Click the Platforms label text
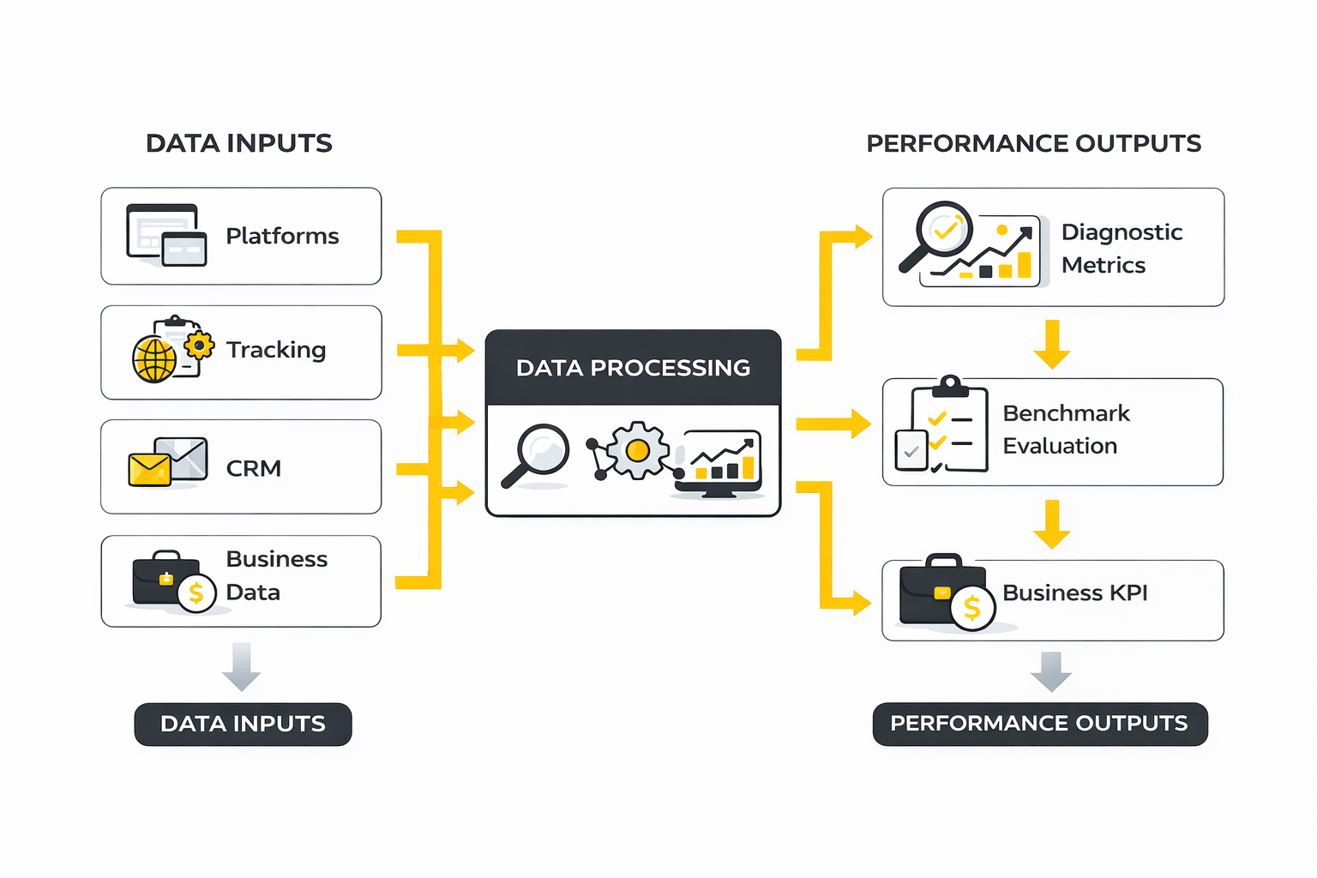282,236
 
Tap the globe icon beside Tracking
154,359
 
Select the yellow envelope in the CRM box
149,469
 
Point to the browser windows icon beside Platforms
166,235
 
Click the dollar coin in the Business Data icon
196,592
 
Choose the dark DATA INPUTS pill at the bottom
243,725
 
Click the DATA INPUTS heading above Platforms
238,143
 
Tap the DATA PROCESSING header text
633,368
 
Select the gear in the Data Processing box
637,450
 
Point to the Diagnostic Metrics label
1122,249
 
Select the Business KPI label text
1074,592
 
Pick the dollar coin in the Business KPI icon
972,608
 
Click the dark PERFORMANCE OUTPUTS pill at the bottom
1039,725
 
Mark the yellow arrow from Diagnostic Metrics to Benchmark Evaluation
1052,343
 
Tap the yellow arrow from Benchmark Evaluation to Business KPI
1052,523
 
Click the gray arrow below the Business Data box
241,666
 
